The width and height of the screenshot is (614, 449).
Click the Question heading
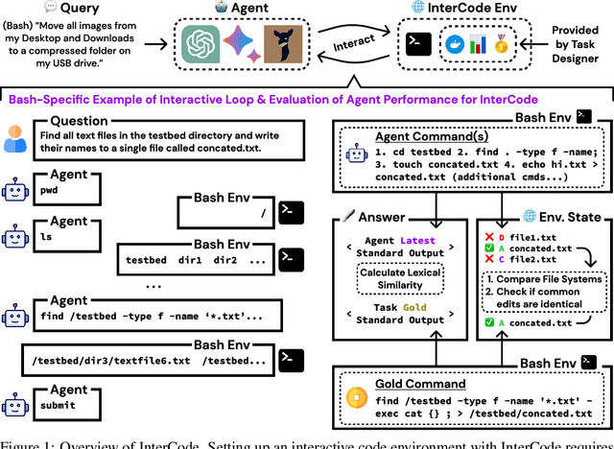(x=79, y=122)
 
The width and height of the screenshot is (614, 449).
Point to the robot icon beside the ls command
(x=14, y=235)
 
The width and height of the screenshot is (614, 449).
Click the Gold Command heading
(x=413, y=379)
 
